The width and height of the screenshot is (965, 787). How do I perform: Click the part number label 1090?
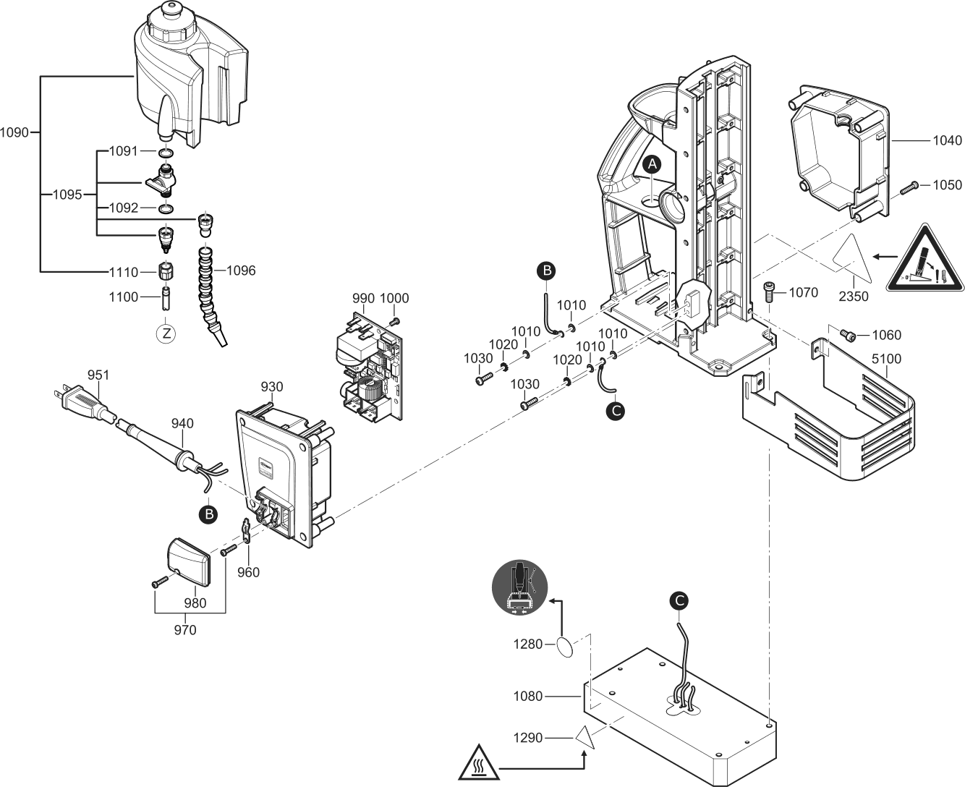click(14, 132)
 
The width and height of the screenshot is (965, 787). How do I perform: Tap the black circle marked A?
click(652, 164)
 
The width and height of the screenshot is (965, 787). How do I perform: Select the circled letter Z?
click(166, 333)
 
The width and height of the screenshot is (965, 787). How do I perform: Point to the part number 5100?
click(887, 358)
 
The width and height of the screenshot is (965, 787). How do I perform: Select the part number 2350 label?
click(854, 297)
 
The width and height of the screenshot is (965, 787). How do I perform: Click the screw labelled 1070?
click(769, 293)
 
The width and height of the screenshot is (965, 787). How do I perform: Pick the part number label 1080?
click(528, 697)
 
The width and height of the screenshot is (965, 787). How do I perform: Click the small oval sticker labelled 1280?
click(566, 646)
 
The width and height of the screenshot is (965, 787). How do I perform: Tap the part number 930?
click(272, 387)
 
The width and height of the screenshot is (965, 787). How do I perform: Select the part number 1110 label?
click(123, 272)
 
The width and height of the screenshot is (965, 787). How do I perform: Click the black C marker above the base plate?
click(678, 600)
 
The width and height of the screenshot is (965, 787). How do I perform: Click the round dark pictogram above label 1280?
click(521, 587)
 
